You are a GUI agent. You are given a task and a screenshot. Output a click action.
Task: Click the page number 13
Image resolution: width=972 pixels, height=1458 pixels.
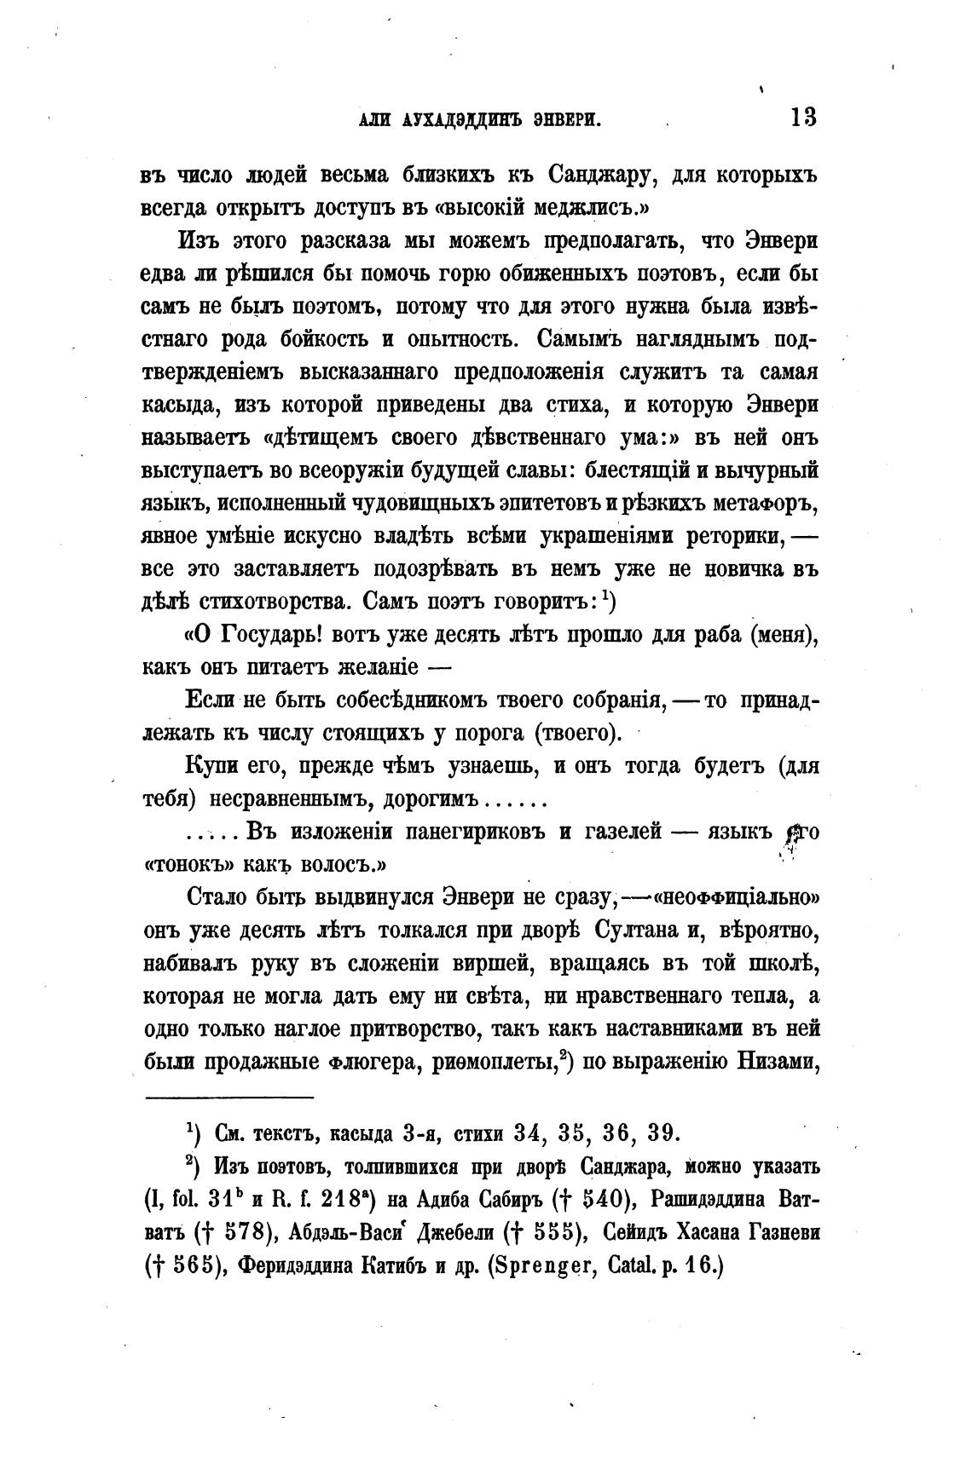(802, 117)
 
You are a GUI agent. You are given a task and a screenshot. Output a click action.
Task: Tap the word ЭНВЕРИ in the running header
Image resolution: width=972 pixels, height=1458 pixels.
(562, 120)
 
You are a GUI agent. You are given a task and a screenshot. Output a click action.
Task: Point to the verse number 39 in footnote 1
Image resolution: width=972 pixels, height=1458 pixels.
(662, 1133)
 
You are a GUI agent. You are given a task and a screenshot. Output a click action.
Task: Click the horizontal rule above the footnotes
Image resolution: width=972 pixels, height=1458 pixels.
(229, 1097)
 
